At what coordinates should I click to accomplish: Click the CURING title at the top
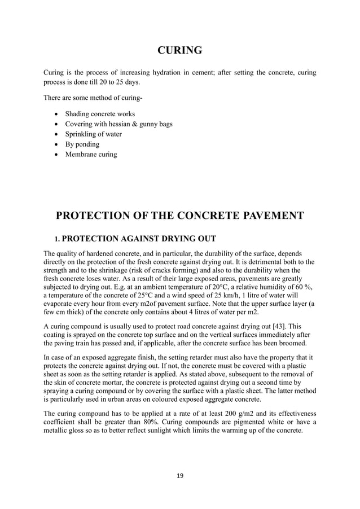[x=179, y=51]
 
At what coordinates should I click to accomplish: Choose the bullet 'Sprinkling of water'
[x=94, y=134]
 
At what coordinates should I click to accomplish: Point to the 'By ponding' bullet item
[x=82, y=144]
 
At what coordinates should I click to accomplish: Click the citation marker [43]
[x=273, y=326]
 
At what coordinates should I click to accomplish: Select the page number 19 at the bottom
[x=179, y=475]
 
